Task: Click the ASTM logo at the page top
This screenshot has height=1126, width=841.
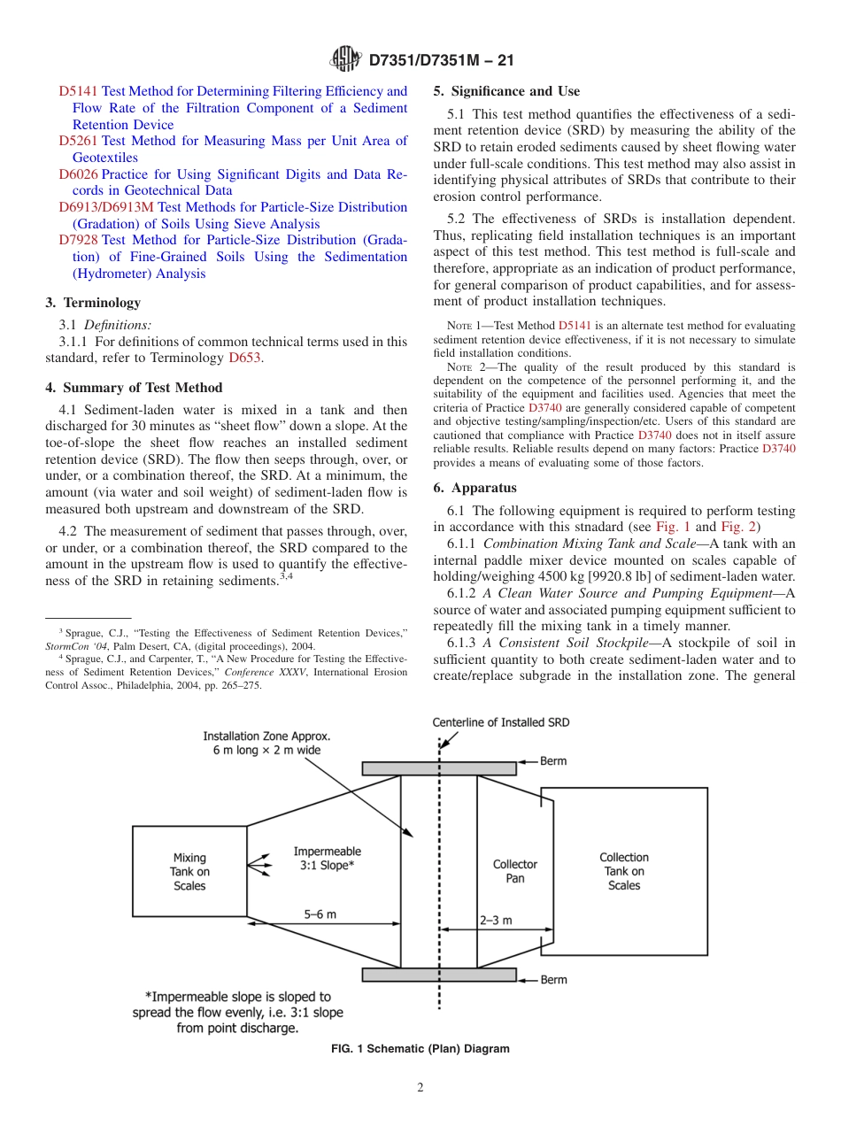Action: click(345, 59)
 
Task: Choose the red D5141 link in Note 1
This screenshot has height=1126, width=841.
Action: click(575, 327)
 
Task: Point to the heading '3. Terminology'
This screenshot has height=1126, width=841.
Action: click(93, 303)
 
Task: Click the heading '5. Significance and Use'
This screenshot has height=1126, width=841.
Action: click(506, 91)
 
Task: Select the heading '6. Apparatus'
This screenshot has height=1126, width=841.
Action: click(475, 488)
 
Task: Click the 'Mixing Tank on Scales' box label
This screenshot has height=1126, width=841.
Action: click(189, 871)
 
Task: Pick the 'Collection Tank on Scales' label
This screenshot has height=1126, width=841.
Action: click(623, 871)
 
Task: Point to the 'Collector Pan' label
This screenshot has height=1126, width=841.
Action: click(514, 871)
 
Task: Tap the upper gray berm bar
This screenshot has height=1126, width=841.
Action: click(438, 768)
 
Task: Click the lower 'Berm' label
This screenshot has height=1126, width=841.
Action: click(553, 980)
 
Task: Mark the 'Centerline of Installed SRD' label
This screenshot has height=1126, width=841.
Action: click(500, 722)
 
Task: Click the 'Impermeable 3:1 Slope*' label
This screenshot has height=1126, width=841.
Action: click(327, 859)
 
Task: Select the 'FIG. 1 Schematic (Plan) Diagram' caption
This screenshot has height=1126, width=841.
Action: click(420, 1049)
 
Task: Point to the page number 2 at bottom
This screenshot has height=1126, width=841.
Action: click(420, 1088)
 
